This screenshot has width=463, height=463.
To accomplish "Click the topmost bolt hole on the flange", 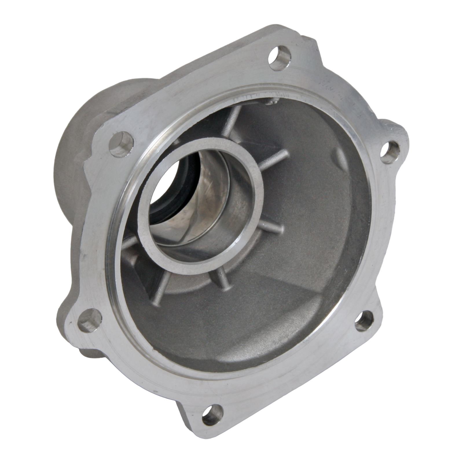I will [280, 58].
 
